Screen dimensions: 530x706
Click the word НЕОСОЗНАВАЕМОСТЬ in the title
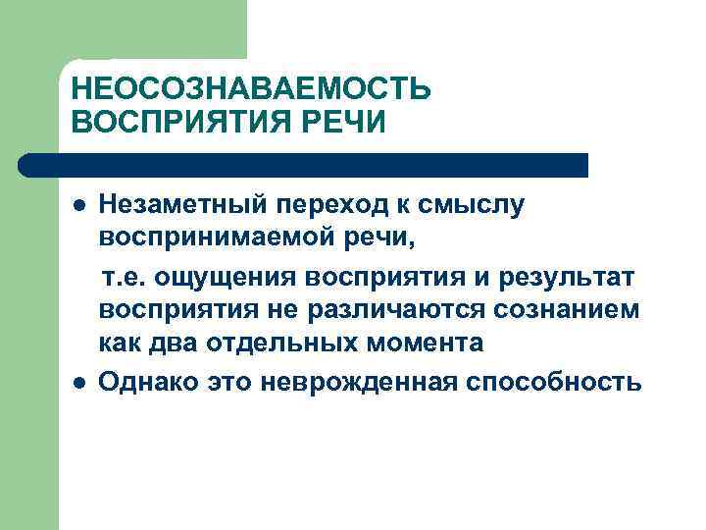[x=250, y=90]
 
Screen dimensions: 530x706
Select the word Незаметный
[x=184, y=206]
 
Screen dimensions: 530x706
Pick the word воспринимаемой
[x=208, y=239]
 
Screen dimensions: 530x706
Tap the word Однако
[x=151, y=380]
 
